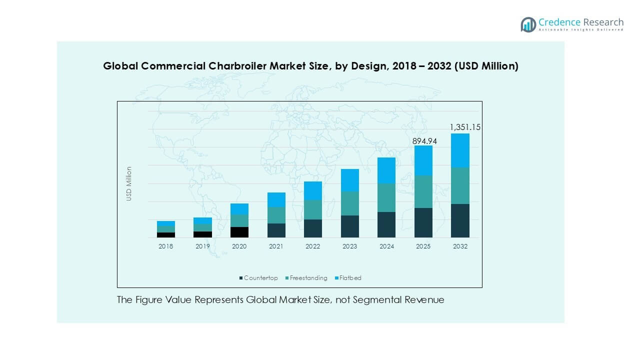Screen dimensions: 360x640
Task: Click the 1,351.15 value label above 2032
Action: pos(465,127)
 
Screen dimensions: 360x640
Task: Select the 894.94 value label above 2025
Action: pos(424,141)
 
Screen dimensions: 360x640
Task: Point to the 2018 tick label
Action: pos(165,246)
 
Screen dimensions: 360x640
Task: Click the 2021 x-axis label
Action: pos(276,246)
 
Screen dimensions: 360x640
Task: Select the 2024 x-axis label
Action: pos(386,246)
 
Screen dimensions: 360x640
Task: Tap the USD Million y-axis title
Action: pos(129,184)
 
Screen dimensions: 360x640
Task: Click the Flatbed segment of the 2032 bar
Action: pos(460,150)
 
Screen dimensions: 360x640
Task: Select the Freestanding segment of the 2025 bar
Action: pos(423,191)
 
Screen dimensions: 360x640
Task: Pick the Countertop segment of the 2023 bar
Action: pos(349,226)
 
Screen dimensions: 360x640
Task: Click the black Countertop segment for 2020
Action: pos(239,232)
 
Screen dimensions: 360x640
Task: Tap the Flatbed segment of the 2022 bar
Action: pos(313,190)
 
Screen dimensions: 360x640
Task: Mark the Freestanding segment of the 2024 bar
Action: pos(386,197)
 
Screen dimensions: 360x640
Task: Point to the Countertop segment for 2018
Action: pos(165,234)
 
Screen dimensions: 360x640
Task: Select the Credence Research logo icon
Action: pos(528,24)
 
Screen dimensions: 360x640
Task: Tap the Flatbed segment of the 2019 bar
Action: pos(202,220)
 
